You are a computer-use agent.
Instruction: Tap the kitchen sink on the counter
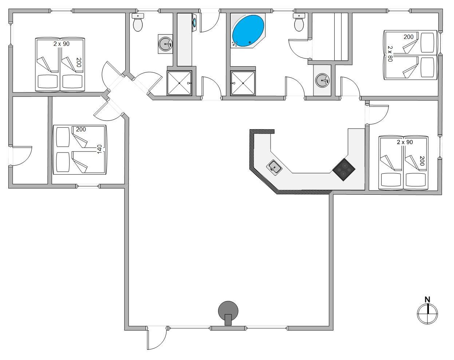pyautogui.click(x=275, y=167)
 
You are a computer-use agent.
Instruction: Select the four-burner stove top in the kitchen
pyautogui.click(x=344, y=170)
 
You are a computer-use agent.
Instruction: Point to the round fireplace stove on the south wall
pyautogui.click(x=228, y=312)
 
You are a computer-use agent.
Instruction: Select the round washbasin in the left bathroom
pyautogui.click(x=166, y=44)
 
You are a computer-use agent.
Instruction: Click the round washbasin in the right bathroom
pyautogui.click(x=322, y=80)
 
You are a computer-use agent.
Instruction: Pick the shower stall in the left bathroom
pyautogui.click(x=179, y=83)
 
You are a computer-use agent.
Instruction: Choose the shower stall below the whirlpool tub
pyautogui.click(x=243, y=83)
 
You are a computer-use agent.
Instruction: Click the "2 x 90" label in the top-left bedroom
pyautogui.click(x=61, y=44)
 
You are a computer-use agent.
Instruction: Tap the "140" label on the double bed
pyautogui.click(x=99, y=149)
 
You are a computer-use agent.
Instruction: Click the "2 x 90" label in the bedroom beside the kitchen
pyautogui.click(x=404, y=142)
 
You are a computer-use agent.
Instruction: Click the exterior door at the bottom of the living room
pyautogui.click(x=157, y=339)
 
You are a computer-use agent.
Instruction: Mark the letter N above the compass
pyautogui.click(x=427, y=300)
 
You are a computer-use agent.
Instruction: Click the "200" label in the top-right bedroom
pyautogui.click(x=408, y=37)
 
